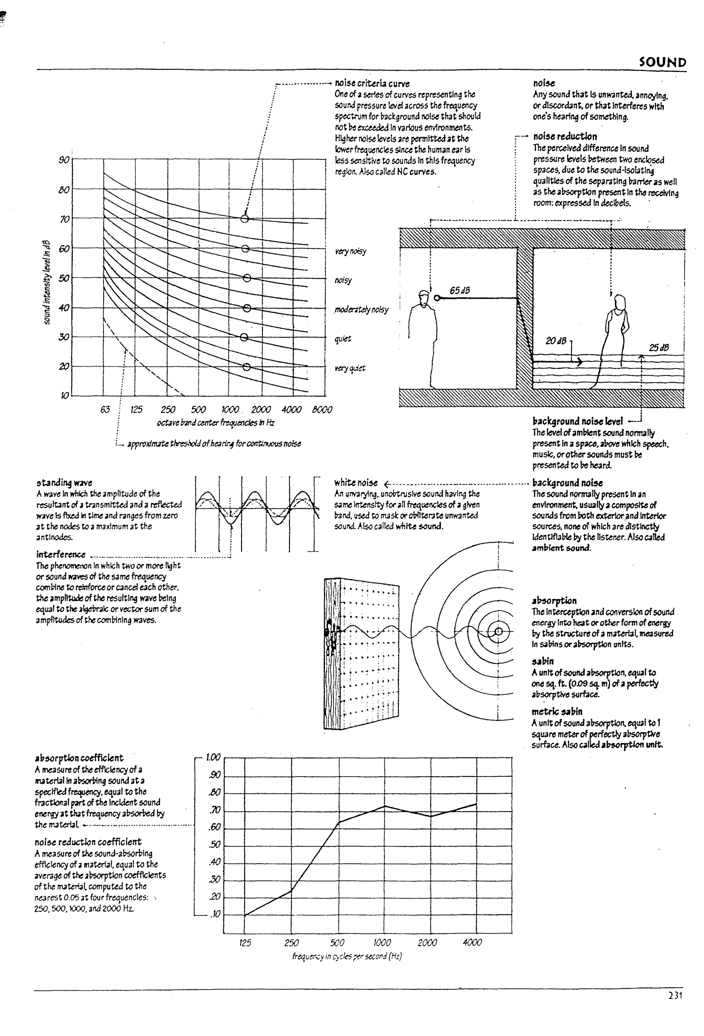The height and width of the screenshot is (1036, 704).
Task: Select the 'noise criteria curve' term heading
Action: [x=372, y=83]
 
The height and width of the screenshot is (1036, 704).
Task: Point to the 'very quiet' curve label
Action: [x=350, y=368]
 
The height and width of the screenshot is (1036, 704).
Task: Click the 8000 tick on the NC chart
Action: [x=322, y=409]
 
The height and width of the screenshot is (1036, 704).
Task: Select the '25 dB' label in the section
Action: [x=659, y=348]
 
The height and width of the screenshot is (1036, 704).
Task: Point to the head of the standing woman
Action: [x=619, y=303]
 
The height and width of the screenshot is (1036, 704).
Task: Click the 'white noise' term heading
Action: [x=355, y=483]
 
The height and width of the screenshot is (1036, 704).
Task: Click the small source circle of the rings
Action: [x=498, y=631]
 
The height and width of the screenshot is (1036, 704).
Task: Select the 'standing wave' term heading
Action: [x=64, y=483]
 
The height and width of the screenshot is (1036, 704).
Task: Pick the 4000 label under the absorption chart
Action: [x=472, y=942]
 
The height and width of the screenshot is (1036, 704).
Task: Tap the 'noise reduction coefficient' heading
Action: [x=88, y=842]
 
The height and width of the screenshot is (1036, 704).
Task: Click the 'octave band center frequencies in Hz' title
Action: [x=215, y=422]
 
